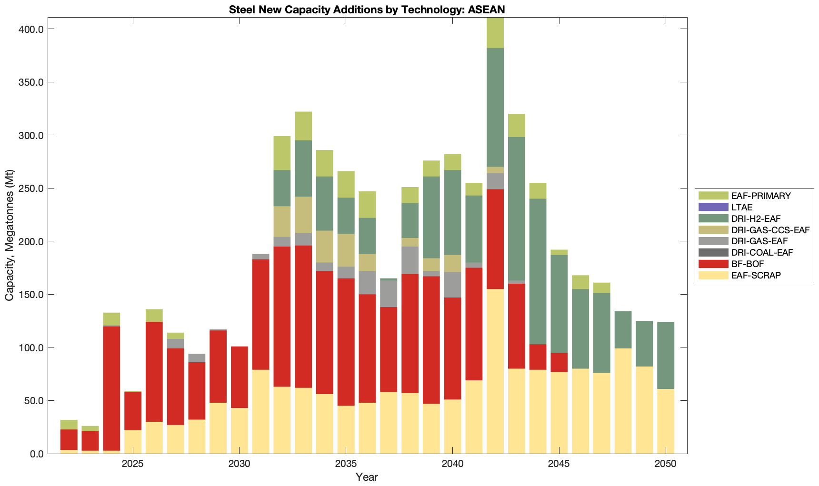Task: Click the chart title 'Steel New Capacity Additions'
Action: coord(367,10)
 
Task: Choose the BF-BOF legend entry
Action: coord(748,264)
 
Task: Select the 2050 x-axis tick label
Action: coord(666,464)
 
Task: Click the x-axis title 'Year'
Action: coord(367,477)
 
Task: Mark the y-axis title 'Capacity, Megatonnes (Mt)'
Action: coord(10,235)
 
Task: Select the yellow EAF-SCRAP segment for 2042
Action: coord(495,371)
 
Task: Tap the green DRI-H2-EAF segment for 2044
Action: coord(538,271)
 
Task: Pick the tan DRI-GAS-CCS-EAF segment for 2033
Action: coord(303,215)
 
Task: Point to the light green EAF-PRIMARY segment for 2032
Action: coord(282,153)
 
